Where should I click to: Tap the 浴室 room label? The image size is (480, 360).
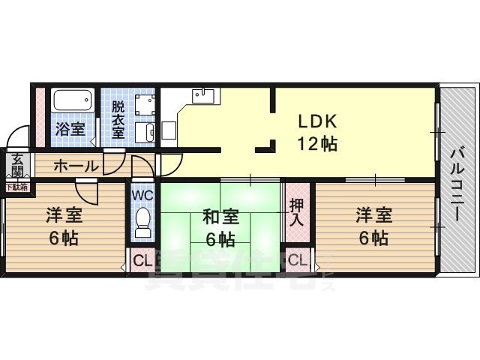(70, 129)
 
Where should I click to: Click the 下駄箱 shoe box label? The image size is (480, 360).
(16, 187)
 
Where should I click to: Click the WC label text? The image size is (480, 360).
(142, 193)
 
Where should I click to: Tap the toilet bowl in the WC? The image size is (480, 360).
(142, 219)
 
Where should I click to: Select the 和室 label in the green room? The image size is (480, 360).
(221, 217)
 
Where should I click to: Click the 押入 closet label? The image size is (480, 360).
(297, 211)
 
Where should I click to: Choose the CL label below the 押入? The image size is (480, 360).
(298, 261)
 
